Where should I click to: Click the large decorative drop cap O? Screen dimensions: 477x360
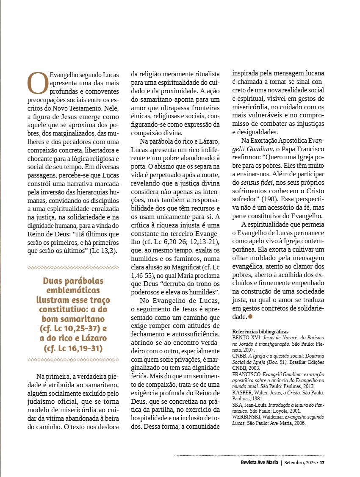point(37,83)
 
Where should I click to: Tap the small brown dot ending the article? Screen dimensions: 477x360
point(250,316)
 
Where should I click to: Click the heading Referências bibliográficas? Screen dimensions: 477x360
point(260,331)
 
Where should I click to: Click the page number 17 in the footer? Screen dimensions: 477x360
point(322,462)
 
